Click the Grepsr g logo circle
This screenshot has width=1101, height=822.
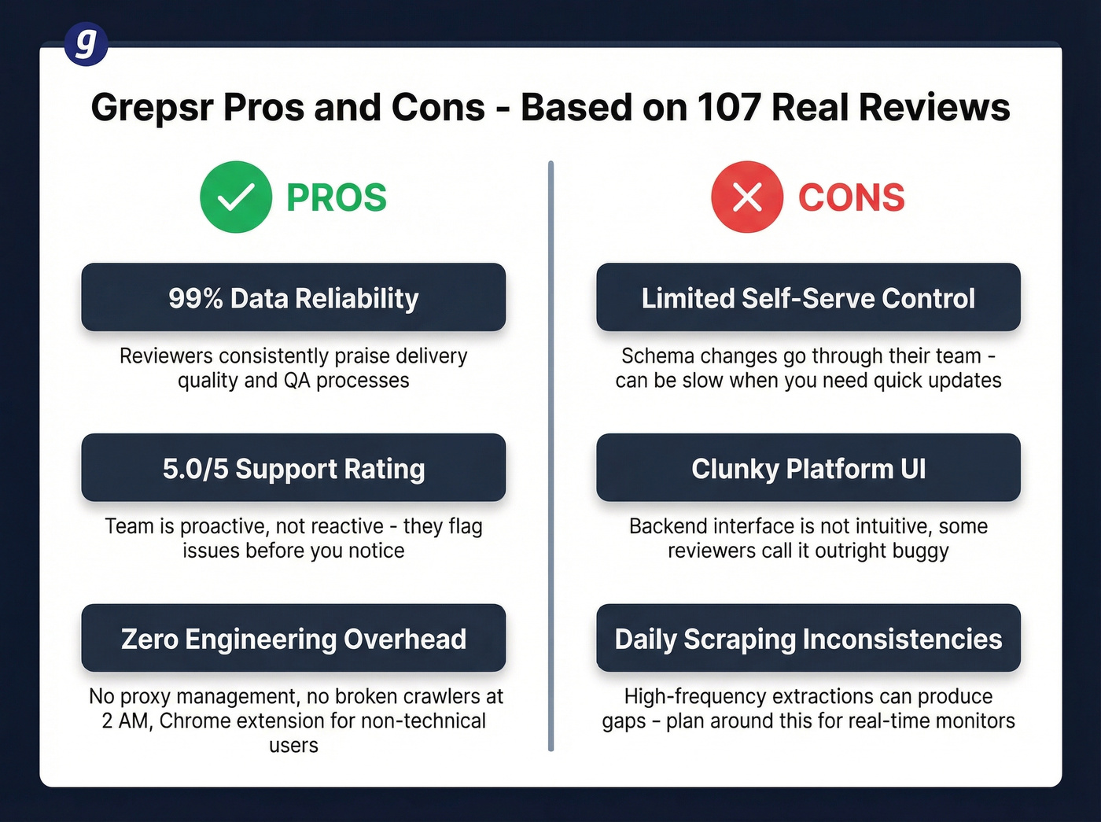pos(86,44)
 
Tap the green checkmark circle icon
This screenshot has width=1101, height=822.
pos(236,197)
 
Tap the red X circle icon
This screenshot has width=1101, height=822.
pos(747,197)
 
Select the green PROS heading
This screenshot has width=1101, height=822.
pos(337,197)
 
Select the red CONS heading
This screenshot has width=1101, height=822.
pos(852,197)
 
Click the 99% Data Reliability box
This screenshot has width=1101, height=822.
pos(293,297)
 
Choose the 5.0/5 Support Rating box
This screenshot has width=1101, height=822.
pos(293,468)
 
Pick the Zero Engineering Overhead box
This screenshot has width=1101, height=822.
pos(293,638)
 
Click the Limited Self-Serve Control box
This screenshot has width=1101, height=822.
pos(808,297)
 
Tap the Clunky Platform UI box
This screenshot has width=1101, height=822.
pos(808,468)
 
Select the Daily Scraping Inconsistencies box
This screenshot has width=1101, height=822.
pos(808,638)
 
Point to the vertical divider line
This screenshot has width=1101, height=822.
pos(550,456)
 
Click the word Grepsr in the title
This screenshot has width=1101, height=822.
pos(152,108)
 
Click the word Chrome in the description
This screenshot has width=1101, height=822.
pos(187,721)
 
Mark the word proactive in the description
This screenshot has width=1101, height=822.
pos(225,526)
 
